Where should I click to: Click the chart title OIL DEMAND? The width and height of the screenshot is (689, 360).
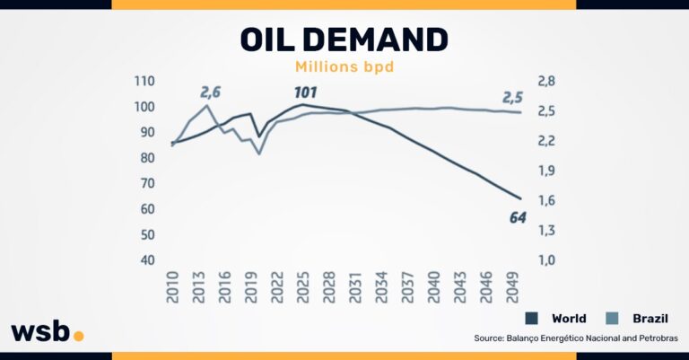[x=344, y=39]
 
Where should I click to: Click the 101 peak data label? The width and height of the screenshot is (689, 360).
[x=308, y=92]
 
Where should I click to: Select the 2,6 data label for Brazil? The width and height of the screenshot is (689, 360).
[x=210, y=92]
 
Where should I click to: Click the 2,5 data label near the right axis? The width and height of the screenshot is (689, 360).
[x=512, y=97]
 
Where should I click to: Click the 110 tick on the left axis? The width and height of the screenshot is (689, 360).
[x=144, y=81]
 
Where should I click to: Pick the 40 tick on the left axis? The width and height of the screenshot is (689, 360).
[x=146, y=260]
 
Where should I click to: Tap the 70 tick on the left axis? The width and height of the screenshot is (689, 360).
[x=146, y=183]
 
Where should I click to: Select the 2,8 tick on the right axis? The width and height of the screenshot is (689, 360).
[x=546, y=81]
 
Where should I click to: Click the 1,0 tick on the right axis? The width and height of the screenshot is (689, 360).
[x=546, y=260]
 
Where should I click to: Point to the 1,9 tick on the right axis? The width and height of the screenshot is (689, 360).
[x=546, y=171]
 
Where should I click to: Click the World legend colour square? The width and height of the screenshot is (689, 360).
[x=532, y=319]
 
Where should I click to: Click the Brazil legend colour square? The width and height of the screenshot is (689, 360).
[x=612, y=319]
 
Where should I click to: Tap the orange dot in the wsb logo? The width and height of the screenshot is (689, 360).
[x=78, y=336]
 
